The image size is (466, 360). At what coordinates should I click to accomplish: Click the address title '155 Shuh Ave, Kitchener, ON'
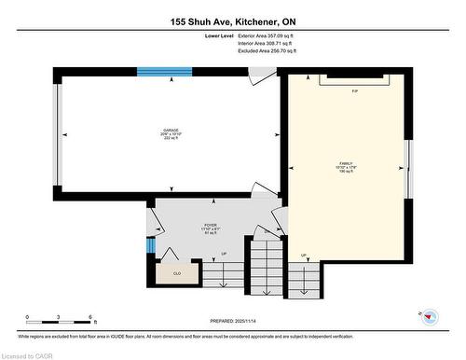tap(233, 21)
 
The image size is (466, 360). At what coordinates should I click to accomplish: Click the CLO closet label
tap(177, 274)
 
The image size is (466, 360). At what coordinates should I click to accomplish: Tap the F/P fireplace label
tap(355, 91)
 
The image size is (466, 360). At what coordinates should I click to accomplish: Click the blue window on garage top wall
tap(164, 72)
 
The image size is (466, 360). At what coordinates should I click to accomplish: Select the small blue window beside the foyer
tap(149, 245)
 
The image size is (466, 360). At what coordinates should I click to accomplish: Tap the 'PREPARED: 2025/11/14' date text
tap(233, 322)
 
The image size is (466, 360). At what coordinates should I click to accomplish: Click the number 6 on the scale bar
tap(89, 318)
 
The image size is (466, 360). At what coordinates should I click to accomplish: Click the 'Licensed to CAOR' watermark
tap(28, 354)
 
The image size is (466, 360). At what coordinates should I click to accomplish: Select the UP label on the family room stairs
tap(304, 255)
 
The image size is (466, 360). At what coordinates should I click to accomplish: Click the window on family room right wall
tap(407, 168)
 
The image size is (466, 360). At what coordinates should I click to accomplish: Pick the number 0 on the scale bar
tap(28, 318)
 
